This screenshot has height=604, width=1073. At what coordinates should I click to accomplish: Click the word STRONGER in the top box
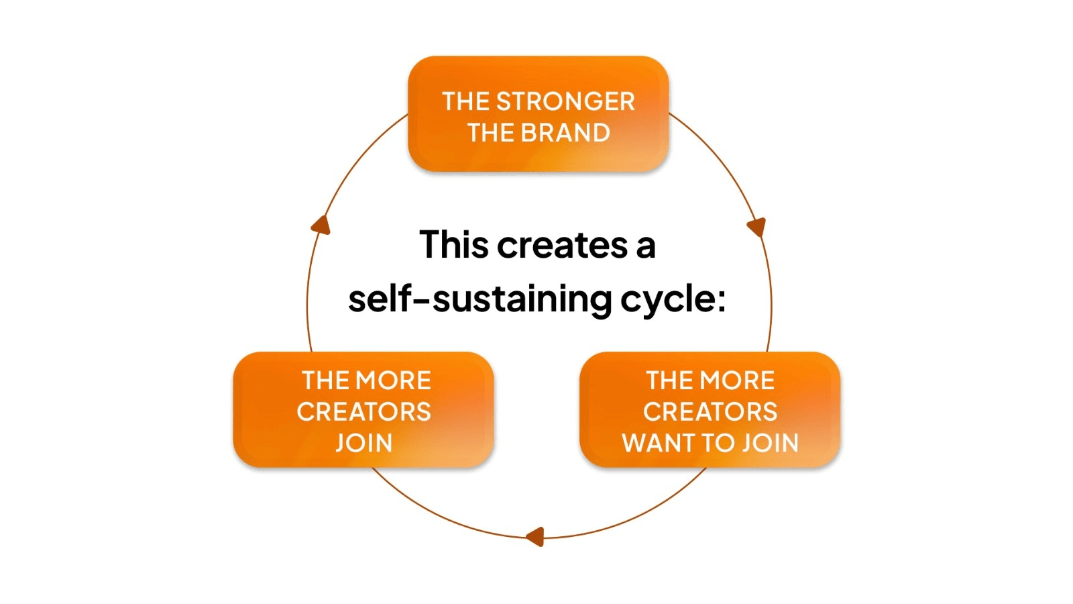(x=565, y=101)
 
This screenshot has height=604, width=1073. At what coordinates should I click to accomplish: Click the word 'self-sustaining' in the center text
(x=480, y=299)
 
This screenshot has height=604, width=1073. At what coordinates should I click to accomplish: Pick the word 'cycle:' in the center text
(x=673, y=300)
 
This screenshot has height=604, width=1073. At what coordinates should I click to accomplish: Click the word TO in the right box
(x=718, y=443)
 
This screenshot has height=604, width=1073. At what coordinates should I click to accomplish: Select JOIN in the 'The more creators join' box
(x=363, y=443)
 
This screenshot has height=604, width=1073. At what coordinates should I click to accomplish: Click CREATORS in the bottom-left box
(x=363, y=411)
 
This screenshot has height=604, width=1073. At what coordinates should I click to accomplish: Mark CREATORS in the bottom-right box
(x=710, y=411)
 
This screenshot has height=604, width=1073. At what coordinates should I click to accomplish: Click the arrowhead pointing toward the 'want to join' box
(x=757, y=227)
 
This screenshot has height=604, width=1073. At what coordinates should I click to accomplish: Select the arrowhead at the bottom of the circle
(x=535, y=536)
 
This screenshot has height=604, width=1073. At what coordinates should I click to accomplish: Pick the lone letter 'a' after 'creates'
(x=645, y=246)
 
